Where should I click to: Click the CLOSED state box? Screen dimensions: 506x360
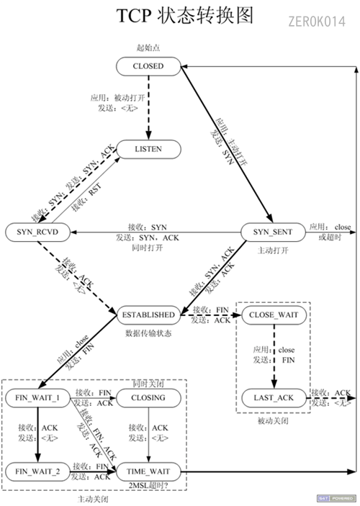coord(148,66)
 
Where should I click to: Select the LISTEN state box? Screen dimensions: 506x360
coord(148,149)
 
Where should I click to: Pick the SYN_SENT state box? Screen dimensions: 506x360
coord(271,232)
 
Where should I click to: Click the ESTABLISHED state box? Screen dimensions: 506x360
coord(148,315)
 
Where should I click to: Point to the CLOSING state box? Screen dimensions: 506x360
coord(148,397)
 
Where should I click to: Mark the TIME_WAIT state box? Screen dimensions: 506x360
coord(148,471)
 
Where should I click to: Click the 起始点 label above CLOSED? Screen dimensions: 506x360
coord(148,48)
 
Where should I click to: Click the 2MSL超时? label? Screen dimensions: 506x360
coord(149,487)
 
